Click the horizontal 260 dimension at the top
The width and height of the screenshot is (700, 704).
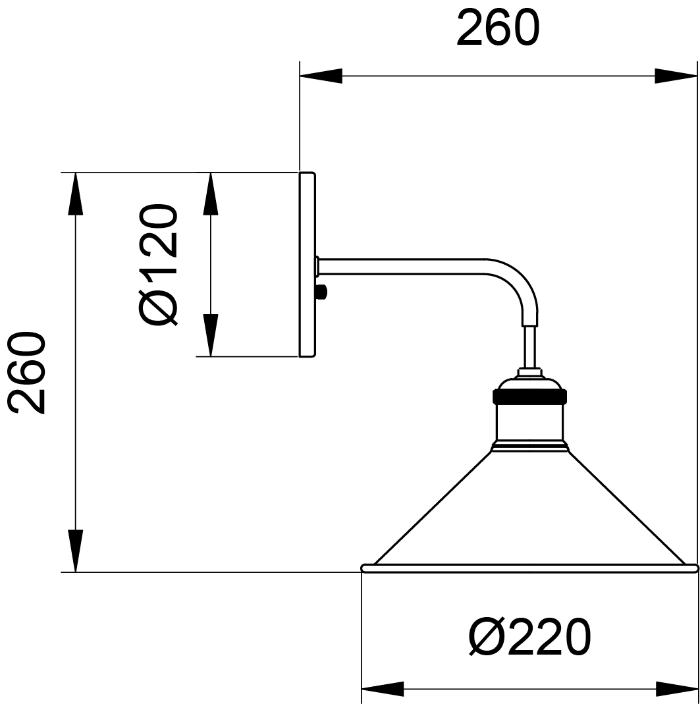[498, 76]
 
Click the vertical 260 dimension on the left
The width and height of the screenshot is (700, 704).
[76, 372]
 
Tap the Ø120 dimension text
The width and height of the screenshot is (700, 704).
[159, 264]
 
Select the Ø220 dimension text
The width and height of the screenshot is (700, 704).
[530, 637]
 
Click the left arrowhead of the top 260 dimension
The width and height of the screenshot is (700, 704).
[321, 76]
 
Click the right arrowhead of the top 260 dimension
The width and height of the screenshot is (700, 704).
[676, 76]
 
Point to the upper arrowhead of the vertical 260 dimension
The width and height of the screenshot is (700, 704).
[76, 194]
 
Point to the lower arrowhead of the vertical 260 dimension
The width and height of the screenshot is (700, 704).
[76, 551]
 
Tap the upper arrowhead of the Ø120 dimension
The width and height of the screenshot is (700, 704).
[211, 194]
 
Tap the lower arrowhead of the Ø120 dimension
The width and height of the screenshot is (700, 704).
[211, 335]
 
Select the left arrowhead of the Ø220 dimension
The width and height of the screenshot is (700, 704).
[383, 689]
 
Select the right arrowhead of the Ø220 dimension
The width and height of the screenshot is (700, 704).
[677, 689]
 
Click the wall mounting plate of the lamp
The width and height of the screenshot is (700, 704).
[308, 265]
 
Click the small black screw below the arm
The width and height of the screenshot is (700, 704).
[321, 293]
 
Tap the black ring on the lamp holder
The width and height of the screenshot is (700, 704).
[530, 396]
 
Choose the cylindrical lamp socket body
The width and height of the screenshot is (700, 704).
[530, 422]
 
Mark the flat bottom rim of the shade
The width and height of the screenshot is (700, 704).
[530, 568]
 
